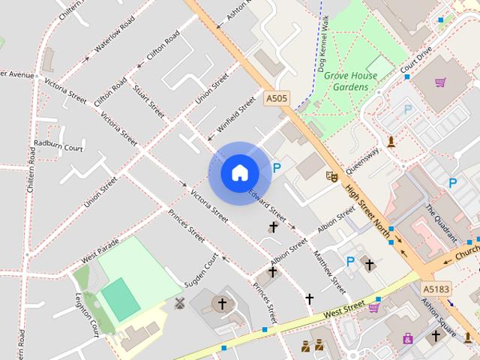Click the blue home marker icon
pos(240,173)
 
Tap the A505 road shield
pos(277,97)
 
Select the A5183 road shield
pos(436,287)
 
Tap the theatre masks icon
pos(330,176)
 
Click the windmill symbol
pos(179,303)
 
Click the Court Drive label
pos(416,61)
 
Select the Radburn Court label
pos(57,147)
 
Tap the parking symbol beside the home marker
pos(277,169)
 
